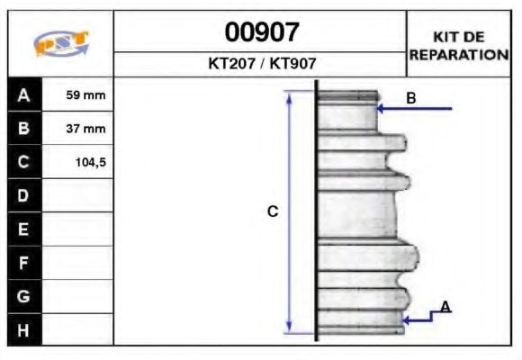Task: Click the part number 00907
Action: (x=261, y=32)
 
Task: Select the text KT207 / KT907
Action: (x=261, y=65)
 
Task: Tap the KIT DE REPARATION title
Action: (x=459, y=45)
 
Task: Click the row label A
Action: (x=24, y=94)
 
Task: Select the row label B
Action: (x=24, y=129)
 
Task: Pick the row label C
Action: (x=24, y=162)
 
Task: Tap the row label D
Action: (x=24, y=195)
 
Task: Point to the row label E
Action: (x=24, y=229)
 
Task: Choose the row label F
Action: (x=24, y=263)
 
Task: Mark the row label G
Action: (x=24, y=296)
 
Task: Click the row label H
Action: (x=24, y=329)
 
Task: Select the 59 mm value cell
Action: (x=78, y=94)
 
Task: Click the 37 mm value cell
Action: (x=78, y=129)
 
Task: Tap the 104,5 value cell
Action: (x=78, y=162)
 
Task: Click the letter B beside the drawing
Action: (x=410, y=98)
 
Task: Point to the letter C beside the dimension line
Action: (x=273, y=211)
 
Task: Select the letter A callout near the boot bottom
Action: (x=445, y=308)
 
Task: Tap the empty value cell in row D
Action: (x=78, y=195)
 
